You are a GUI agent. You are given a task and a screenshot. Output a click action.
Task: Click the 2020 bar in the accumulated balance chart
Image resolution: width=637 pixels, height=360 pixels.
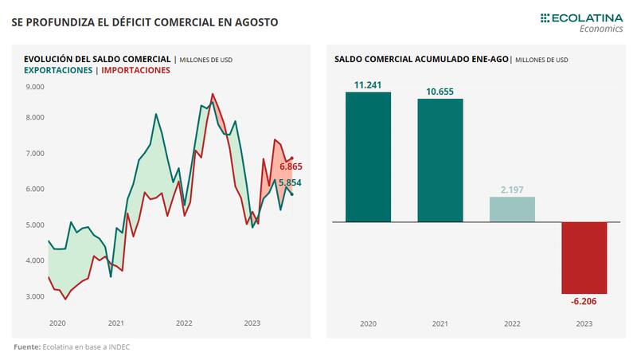click(x=368, y=157)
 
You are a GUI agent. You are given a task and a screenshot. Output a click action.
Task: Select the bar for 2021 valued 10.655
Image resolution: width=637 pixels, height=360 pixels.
click(x=440, y=159)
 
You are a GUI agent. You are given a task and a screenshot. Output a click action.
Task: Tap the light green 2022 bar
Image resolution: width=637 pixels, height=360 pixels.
click(x=512, y=209)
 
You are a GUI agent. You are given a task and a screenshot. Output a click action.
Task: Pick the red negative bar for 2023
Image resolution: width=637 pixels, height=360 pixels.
click(x=584, y=257)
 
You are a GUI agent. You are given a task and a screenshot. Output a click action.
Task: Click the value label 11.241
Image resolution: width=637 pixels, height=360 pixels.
click(x=368, y=84)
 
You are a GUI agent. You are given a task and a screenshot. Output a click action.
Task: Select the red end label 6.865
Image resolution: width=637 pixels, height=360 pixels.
click(x=291, y=166)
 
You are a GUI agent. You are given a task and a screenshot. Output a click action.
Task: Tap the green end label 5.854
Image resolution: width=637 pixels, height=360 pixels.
click(x=290, y=183)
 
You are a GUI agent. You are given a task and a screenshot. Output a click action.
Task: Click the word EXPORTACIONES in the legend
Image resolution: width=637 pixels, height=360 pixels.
click(x=57, y=70)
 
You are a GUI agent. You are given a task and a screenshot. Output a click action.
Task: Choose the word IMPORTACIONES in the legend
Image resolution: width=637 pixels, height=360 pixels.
click(x=136, y=70)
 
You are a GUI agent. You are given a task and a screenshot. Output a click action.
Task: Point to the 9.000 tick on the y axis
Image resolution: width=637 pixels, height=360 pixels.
click(x=35, y=86)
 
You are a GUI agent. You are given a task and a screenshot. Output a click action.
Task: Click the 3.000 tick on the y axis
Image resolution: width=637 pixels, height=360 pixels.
click(x=35, y=296)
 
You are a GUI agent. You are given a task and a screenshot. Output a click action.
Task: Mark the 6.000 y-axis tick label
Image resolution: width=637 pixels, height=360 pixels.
click(x=35, y=190)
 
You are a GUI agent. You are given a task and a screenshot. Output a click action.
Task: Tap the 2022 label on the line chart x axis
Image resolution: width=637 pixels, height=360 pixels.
click(x=184, y=323)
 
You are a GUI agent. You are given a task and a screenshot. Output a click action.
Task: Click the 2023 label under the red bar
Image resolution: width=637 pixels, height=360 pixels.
click(x=584, y=323)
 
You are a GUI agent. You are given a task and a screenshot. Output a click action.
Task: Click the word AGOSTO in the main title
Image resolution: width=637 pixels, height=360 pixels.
click(x=248, y=22)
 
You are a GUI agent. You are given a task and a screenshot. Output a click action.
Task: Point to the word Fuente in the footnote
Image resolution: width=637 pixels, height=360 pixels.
click(x=26, y=347)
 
